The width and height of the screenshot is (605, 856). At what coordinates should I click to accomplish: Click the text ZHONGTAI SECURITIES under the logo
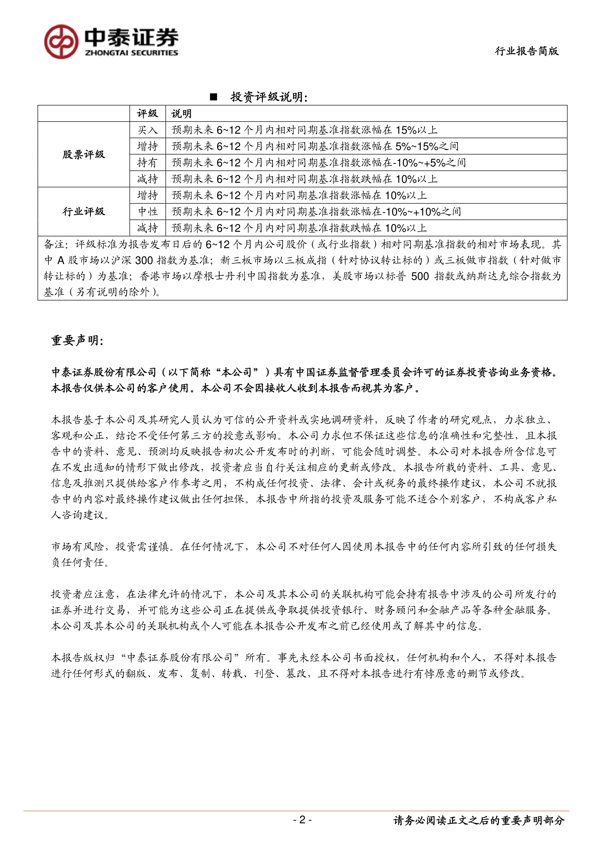131,53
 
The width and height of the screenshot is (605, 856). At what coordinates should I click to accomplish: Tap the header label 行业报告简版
527,51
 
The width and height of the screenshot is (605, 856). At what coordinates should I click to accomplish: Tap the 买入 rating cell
148,130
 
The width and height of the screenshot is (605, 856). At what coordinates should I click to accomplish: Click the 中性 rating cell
148,212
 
